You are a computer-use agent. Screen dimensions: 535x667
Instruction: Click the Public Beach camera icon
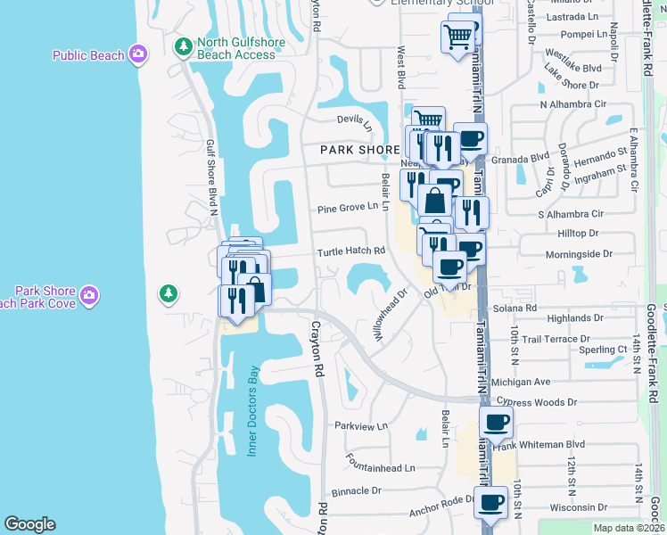click(x=137, y=55)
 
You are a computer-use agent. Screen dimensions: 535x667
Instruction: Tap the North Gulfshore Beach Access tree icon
click(x=183, y=45)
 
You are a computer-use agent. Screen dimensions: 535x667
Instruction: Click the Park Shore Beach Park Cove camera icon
click(x=88, y=294)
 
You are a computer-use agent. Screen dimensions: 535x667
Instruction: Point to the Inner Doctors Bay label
click(x=252, y=411)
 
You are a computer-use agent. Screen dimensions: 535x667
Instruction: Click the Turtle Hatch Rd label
click(x=351, y=251)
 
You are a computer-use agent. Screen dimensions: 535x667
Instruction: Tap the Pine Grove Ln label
click(x=349, y=210)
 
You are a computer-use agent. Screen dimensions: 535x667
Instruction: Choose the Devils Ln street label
click(x=355, y=122)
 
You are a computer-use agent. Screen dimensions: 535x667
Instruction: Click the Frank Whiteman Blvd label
click(x=549, y=444)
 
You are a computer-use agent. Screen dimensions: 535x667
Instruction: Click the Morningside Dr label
click(x=581, y=254)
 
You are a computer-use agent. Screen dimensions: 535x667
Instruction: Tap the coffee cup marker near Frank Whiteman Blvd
click(x=496, y=422)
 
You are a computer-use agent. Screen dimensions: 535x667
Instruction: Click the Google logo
click(x=29, y=524)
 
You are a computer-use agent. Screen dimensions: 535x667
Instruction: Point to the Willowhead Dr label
click(x=390, y=317)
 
